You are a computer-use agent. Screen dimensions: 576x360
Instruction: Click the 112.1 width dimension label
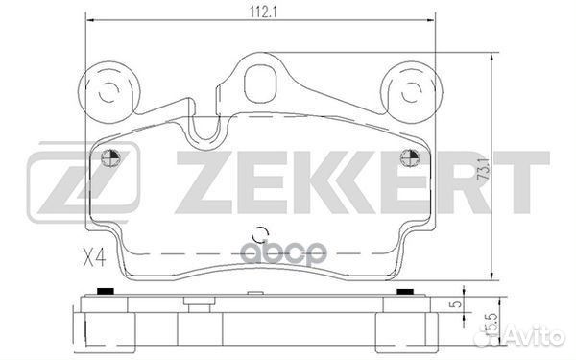point(263,12)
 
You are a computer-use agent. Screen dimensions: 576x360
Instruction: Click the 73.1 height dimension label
point(484,169)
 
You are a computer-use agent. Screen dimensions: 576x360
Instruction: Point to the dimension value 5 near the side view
point(457,304)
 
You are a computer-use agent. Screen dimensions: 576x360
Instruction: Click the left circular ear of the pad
point(109,92)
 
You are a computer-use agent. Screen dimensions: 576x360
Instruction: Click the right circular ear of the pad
point(411,92)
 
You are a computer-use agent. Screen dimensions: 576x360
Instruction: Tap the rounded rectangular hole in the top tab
point(260,84)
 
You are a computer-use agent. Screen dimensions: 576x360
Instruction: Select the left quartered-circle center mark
point(111,158)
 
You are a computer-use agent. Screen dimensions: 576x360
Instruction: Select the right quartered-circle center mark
point(409,158)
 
